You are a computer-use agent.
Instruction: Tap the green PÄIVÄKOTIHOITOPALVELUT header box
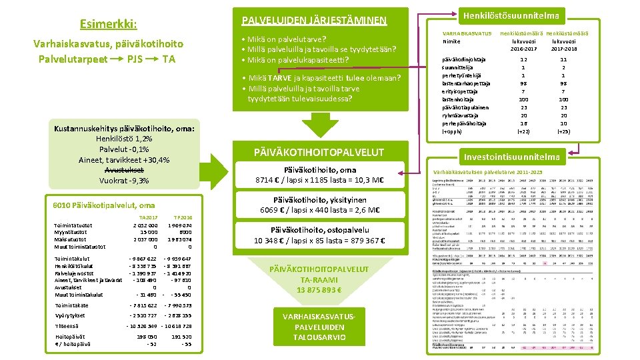[319, 151]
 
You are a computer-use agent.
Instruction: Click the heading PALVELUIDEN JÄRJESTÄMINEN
[313, 20]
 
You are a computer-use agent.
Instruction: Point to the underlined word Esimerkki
[108, 25]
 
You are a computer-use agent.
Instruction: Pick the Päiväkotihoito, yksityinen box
[319, 205]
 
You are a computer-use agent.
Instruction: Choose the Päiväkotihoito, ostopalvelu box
[319, 235]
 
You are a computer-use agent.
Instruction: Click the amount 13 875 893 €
[320, 289]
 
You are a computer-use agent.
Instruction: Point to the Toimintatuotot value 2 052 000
[145, 226]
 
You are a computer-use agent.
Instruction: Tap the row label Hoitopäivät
[67, 337]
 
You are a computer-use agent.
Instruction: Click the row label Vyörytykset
[69, 315]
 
